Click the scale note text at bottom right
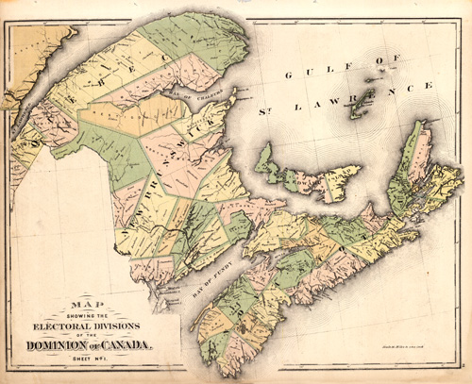pos(400,350)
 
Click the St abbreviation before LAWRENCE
pos(265,111)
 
